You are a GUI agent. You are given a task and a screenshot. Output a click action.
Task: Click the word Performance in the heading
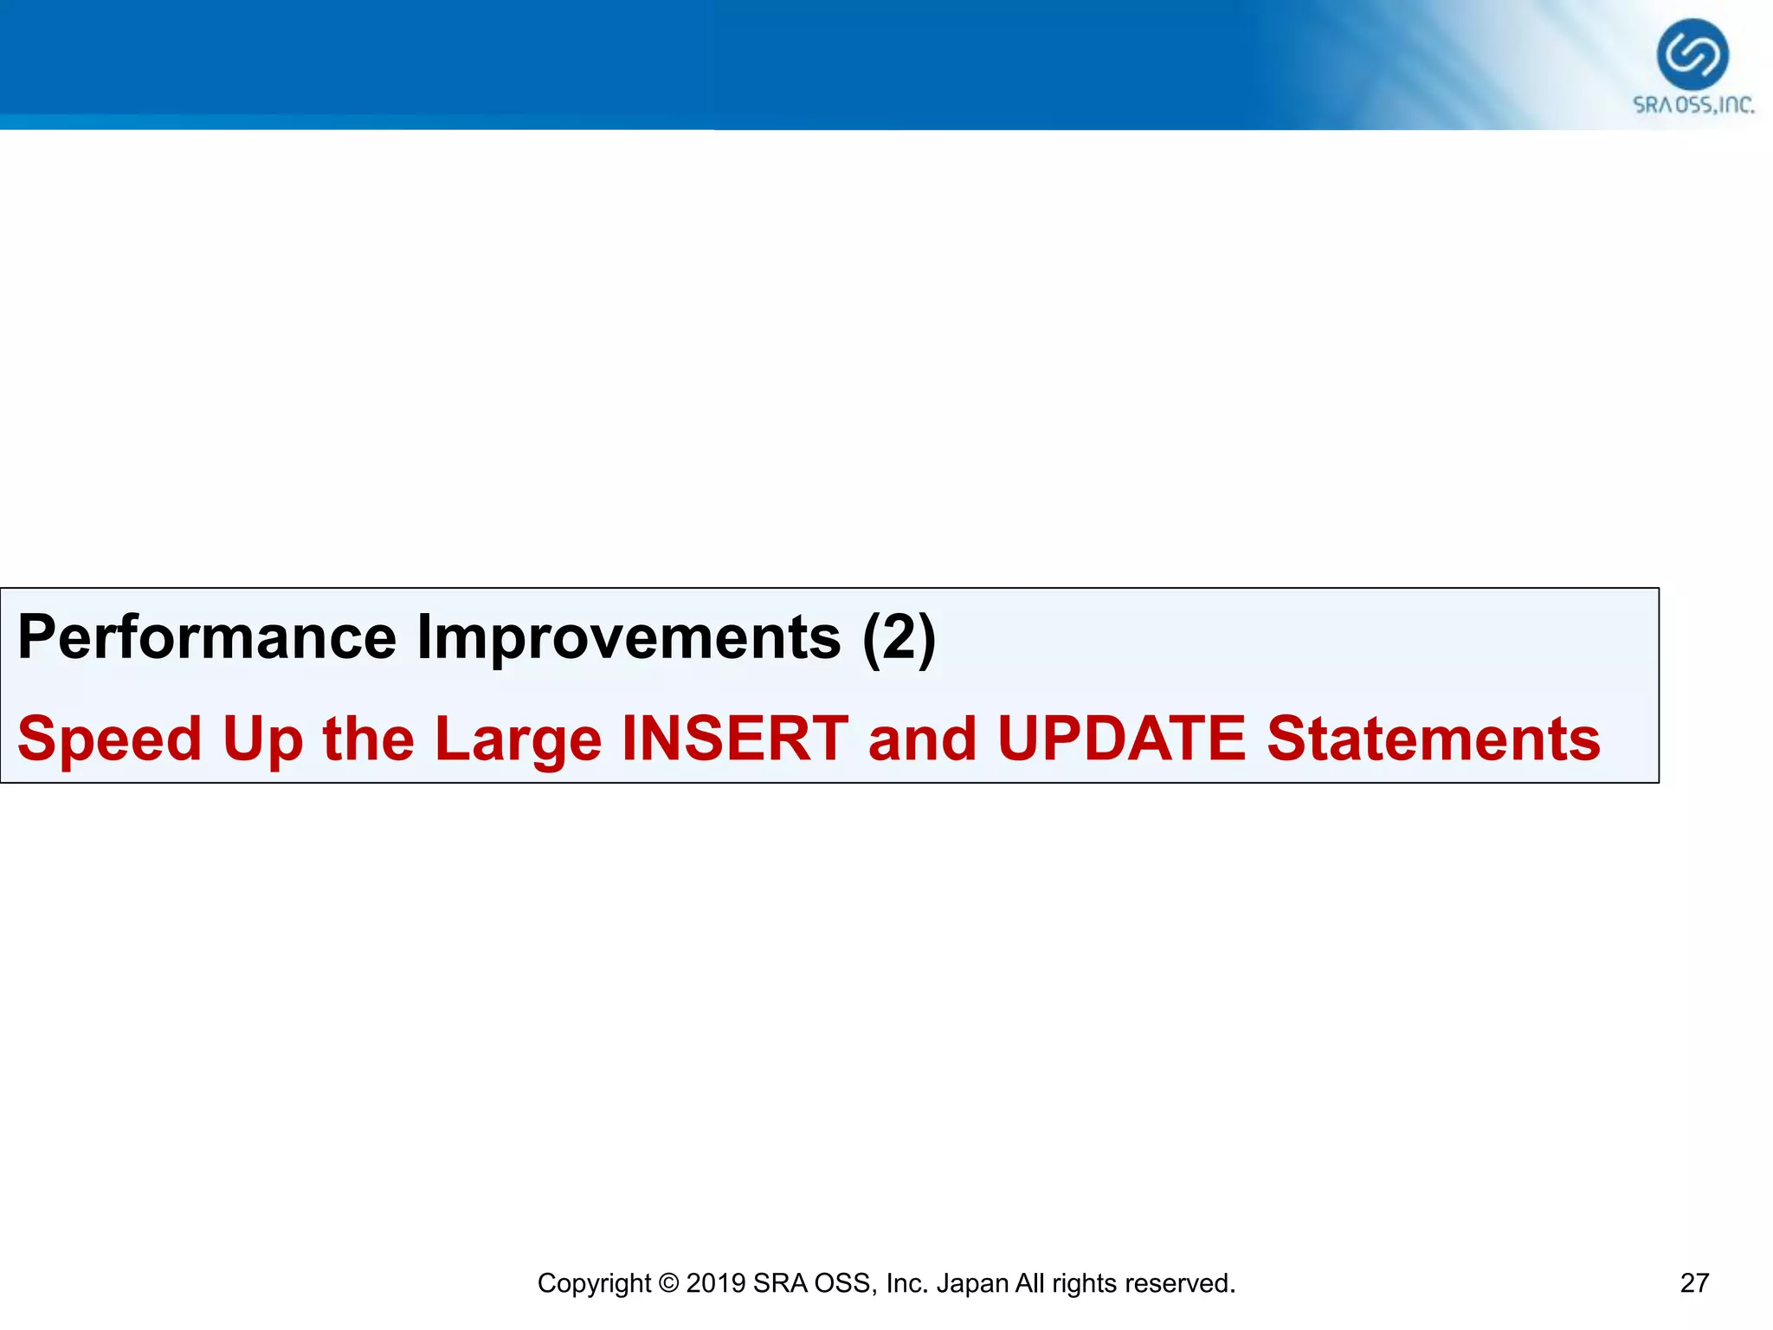[x=206, y=638]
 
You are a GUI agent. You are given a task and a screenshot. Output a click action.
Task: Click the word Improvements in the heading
[x=629, y=638]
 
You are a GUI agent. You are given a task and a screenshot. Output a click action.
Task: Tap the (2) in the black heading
[x=899, y=638]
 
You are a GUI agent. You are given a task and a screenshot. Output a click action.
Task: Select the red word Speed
[x=109, y=740]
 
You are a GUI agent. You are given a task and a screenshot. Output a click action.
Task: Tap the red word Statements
[x=1433, y=739]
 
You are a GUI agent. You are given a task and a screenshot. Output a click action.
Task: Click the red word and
[x=922, y=739]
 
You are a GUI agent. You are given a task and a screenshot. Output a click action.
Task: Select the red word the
[x=368, y=739]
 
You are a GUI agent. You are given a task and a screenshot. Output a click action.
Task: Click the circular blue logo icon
[x=1692, y=55]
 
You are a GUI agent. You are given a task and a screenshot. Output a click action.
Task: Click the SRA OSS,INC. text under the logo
[x=1692, y=106]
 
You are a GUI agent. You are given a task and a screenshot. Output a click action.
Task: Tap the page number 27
[x=1694, y=1282]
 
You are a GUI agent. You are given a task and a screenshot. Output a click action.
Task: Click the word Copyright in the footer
[x=593, y=1283]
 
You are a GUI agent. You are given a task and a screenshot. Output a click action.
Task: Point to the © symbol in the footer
[x=667, y=1283]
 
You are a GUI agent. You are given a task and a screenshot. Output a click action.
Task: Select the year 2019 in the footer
[x=715, y=1283]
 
